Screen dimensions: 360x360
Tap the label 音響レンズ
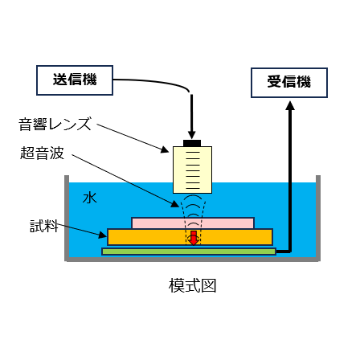[x=55, y=125]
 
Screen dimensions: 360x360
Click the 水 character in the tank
[x=89, y=196]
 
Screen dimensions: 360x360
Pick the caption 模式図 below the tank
[x=192, y=285]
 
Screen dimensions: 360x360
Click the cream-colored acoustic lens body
[x=192, y=170]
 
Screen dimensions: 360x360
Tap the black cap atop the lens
[x=192, y=143]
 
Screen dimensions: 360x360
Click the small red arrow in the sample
[x=193, y=237]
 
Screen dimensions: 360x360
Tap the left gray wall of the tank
[x=67, y=217]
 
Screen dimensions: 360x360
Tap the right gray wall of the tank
[x=317, y=217]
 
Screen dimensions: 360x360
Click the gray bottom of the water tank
[x=192, y=259]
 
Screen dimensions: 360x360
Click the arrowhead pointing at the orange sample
[x=104, y=235]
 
